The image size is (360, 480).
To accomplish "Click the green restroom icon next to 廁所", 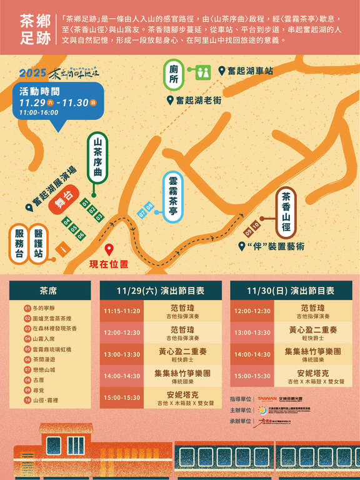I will tap(201, 72).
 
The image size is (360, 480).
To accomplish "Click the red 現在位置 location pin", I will tap(109, 250).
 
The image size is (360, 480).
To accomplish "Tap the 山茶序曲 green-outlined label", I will tap(97, 158).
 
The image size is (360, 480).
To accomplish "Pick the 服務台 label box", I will tap(19, 243).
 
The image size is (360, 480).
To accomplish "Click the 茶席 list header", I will tap(49, 291).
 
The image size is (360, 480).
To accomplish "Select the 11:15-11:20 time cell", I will tap(122, 311).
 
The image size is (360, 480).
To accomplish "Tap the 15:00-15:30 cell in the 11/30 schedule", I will tap(252, 376).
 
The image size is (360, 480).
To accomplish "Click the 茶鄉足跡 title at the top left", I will tap(35, 27).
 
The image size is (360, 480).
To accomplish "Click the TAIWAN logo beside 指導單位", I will tap(267, 398).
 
